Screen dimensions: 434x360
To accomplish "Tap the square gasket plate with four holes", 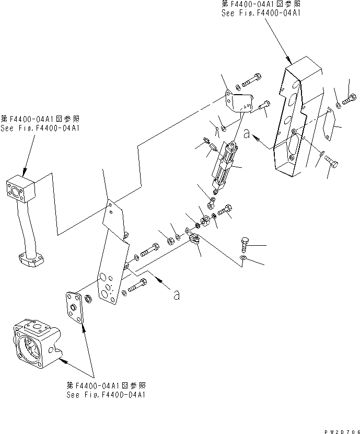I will [76, 310].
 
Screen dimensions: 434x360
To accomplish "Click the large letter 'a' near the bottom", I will [177, 295].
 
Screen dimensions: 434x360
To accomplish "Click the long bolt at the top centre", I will [254, 82].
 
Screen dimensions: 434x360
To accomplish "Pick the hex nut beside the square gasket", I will [88, 299].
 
